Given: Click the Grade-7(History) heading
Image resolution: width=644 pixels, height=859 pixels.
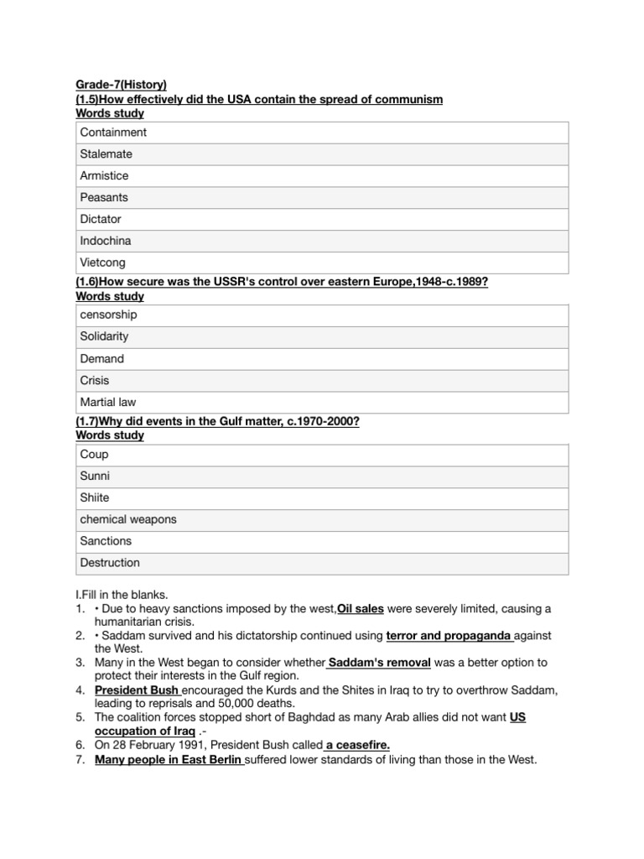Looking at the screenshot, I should pos(121,84).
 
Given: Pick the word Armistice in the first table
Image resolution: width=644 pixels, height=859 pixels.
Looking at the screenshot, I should pos(104,176).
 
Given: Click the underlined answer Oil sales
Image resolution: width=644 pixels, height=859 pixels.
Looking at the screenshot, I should pos(361,607).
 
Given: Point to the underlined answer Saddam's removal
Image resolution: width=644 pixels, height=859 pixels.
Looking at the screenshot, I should pos(380,663).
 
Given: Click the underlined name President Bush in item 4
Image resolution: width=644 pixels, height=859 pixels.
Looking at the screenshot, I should pos(138,690).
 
